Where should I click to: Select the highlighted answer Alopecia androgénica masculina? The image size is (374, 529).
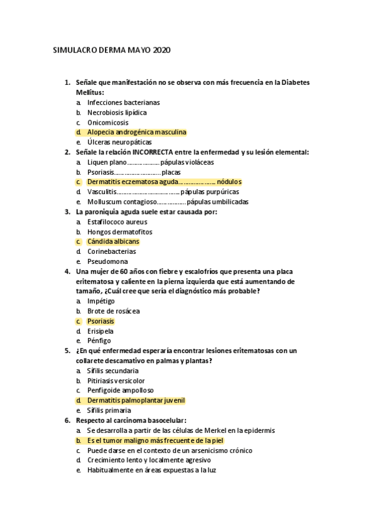(x=136, y=132)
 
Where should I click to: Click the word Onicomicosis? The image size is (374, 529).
(x=107, y=122)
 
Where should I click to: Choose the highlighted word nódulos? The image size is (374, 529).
(x=229, y=182)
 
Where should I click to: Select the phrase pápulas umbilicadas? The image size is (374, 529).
(x=217, y=202)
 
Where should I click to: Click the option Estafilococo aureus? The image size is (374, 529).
(x=117, y=222)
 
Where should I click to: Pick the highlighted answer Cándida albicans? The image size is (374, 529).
(x=113, y=241)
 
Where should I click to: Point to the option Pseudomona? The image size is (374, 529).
(x=107, y=261)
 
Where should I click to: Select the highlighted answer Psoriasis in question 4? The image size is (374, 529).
(x=101, y=321)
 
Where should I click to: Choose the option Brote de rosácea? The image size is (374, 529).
(x=113, y=311)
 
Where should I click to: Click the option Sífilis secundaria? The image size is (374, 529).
(x=112, y=371)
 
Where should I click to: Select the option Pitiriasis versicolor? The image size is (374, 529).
(x=116, y=381)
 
